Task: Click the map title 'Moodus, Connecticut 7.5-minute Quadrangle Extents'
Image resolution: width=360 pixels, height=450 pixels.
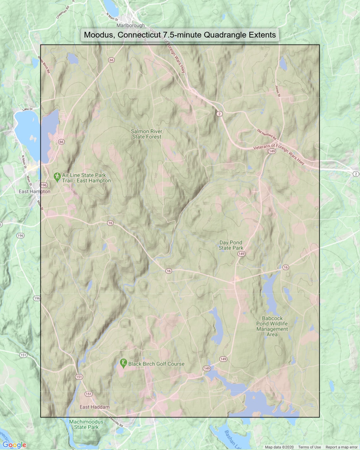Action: point(180,35)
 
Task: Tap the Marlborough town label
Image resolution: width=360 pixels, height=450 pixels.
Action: point(130,25)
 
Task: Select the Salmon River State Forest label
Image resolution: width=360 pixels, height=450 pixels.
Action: point(147,134)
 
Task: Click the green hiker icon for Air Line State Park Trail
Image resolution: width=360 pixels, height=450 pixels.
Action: point(57,177)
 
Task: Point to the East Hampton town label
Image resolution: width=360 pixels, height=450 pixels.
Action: point(34,191)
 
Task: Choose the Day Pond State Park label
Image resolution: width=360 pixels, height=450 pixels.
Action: point(231,245)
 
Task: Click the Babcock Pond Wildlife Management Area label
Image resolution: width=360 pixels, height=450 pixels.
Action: point(272,326)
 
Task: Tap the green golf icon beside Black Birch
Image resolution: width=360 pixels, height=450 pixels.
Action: point(123,363)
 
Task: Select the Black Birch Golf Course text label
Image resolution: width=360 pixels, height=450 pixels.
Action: point(156,364)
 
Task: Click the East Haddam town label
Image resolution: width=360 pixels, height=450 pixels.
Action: point(94,407)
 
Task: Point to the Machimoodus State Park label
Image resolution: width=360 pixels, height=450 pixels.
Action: point(86,424)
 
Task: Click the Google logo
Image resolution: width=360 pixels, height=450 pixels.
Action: point(14,445)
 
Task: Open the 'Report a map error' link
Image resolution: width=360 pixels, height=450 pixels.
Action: point(341,447)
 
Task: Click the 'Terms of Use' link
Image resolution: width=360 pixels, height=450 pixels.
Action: point(309,447)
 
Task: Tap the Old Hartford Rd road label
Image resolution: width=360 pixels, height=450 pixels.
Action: point(267,135)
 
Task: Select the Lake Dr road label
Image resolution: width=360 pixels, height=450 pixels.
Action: point(27,109)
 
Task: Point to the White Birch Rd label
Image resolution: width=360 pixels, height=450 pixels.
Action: point(44,65)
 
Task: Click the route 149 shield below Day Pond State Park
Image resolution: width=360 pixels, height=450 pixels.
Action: point(241,254)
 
